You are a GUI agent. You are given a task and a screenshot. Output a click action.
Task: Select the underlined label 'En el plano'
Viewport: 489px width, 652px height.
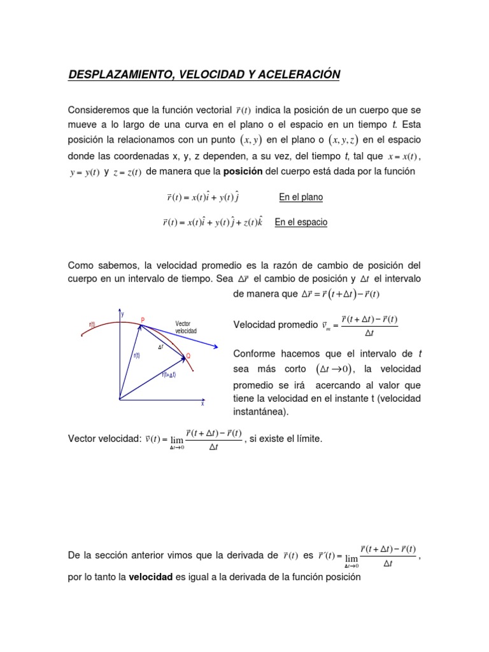(x=301, y=197)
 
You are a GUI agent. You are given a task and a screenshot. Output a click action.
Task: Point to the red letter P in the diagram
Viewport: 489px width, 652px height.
(x=143, y=320)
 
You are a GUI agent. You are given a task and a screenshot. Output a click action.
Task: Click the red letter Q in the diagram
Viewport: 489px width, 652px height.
(x=188, y=355)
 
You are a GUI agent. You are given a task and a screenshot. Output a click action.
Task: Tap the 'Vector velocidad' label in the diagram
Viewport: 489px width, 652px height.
(x=186, y=327)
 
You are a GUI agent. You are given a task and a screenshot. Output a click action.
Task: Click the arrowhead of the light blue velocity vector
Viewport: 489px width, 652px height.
(x=216, y=347)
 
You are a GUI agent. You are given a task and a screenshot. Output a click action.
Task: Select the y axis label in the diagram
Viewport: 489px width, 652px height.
(x=122, y=313)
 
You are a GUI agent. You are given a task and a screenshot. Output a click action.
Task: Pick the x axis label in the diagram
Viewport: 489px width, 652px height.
(x=202, y=404)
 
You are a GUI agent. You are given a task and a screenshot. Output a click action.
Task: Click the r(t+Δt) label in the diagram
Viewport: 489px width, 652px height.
(x=168, y=375)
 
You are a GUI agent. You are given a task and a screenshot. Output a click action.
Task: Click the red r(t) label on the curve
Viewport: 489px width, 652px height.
(x=92, y=325)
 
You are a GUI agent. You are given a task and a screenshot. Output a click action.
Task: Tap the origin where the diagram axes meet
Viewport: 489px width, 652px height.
(x=119, y=399)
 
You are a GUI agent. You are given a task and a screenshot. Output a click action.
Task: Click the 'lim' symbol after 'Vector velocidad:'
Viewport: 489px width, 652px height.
(x=176, y=439)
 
